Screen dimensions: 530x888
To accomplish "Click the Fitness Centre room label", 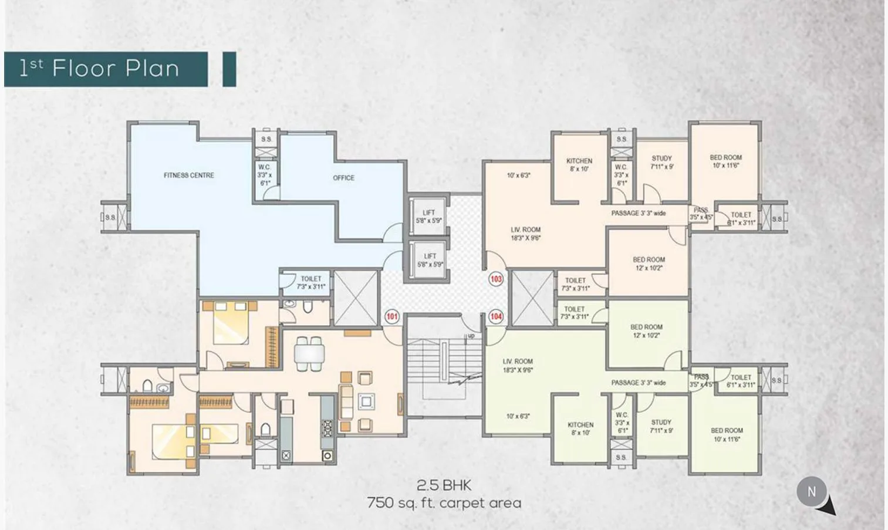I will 189,175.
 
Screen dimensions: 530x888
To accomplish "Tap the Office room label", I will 343,178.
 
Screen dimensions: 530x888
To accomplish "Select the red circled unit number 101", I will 391,317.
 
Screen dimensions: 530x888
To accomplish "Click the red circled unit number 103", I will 496,279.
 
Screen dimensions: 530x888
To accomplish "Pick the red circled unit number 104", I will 496,316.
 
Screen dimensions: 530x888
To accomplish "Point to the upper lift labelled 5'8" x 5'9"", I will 428,217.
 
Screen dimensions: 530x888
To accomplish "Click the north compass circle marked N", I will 812,492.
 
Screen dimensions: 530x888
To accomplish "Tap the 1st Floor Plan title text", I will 99,69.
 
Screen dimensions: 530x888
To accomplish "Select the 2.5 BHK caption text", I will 444,485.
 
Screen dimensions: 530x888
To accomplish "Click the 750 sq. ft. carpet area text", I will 444,503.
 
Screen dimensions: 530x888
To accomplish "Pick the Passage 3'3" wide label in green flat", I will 639,383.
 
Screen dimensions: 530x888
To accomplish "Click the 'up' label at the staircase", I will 471,336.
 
